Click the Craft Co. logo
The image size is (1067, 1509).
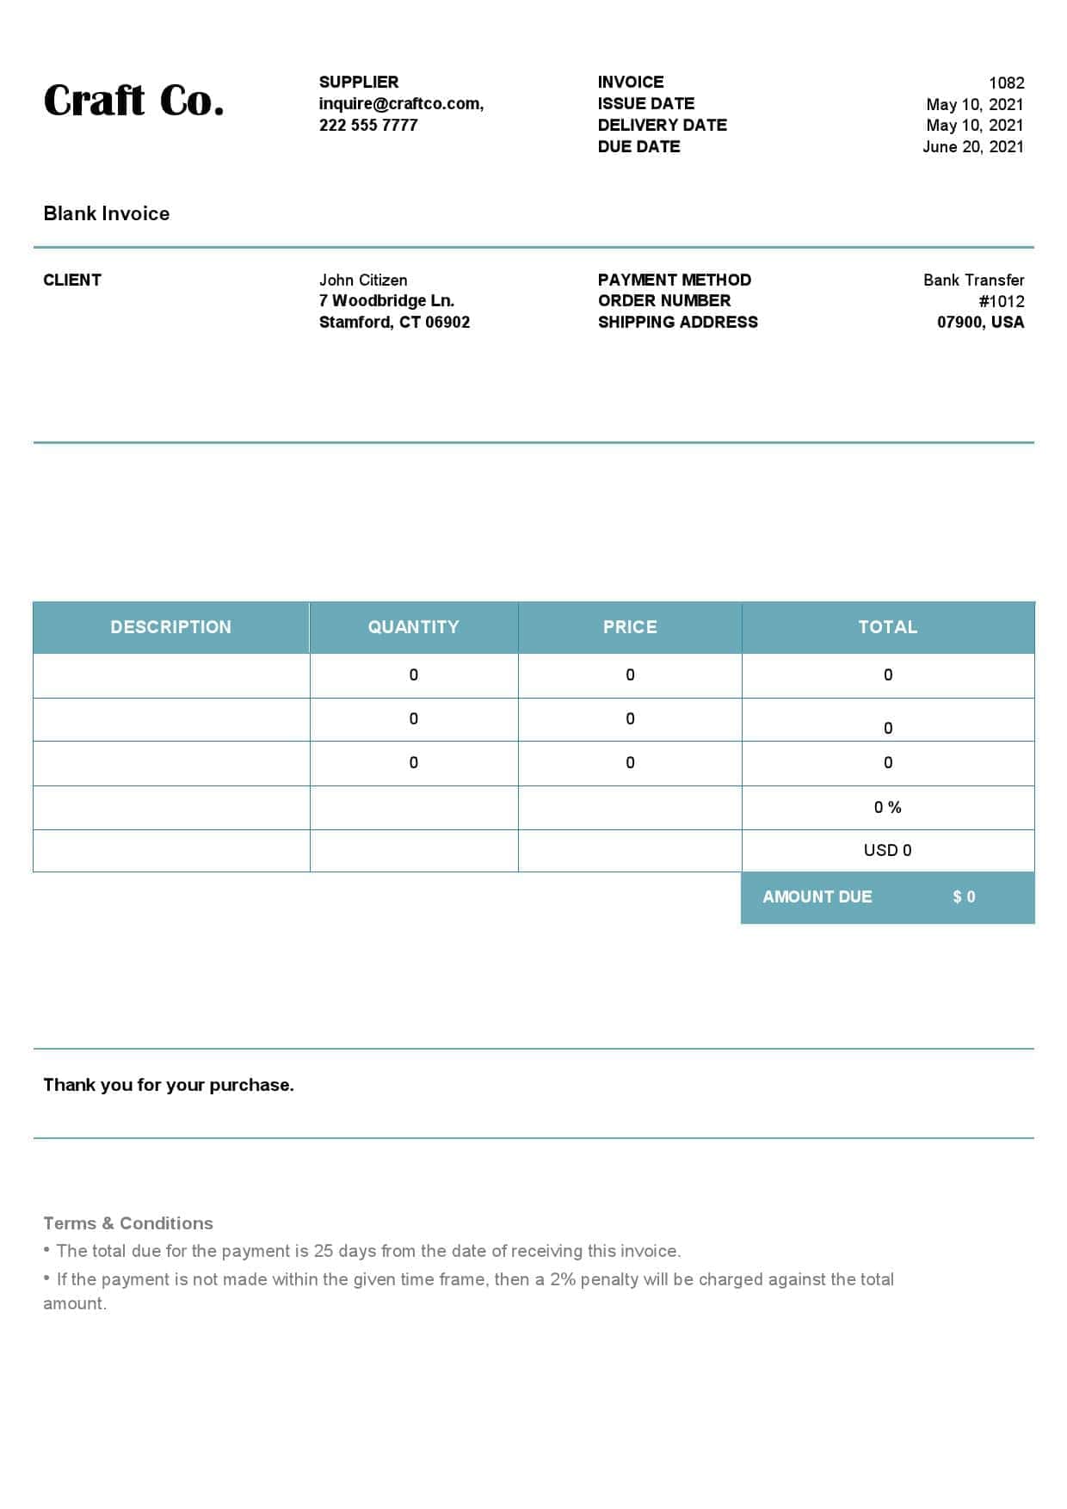[133, 101]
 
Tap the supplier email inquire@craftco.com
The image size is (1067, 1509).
[401, 103]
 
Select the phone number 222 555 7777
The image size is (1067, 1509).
[368, 125]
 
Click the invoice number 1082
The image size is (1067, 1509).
[1006, 83]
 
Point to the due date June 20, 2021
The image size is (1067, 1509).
[972, 146]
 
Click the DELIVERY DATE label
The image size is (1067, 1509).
[662, 125]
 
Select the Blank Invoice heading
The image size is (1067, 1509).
[107, 213]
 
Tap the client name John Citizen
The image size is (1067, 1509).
[363, 280]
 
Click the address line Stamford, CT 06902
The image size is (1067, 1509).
[394, 322]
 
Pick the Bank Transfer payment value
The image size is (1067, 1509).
[973, 280]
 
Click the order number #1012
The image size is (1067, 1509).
[1001, 301]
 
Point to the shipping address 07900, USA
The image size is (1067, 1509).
[980, 322]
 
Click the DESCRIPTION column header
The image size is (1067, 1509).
[170, 627]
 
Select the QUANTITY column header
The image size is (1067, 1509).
[413, 627]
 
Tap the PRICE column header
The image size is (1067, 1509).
[630, 627]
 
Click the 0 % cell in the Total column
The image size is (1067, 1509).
[887, 807]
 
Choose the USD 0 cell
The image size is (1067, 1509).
[887, 850]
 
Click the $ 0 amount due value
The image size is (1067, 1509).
[964, 896]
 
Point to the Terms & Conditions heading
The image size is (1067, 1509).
[128, 1223]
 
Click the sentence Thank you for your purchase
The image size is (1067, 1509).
[169, 1085]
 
